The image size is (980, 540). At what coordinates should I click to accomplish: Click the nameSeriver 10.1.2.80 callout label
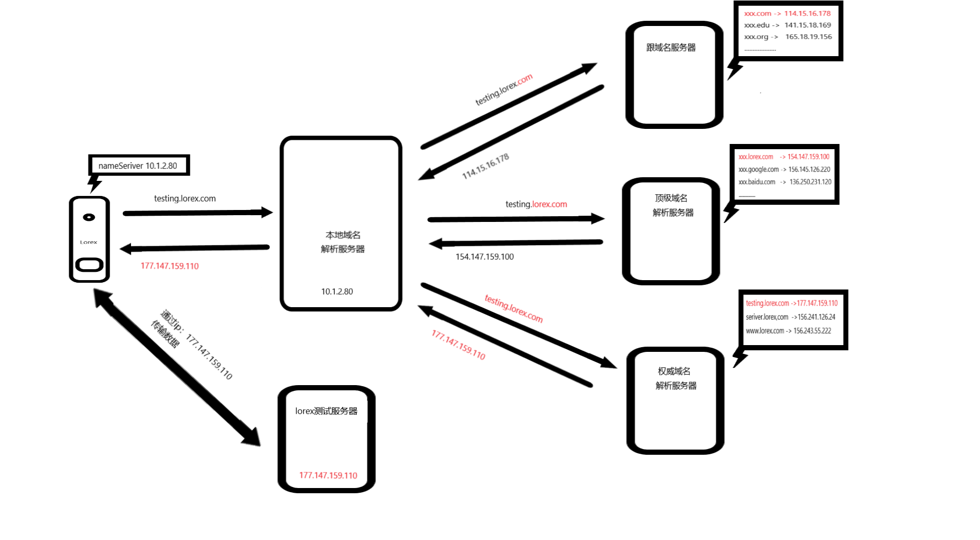click(138, 166)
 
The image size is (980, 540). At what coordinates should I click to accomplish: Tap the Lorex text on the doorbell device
click(88, 242)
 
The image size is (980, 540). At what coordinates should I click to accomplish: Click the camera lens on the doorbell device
click(89, 217)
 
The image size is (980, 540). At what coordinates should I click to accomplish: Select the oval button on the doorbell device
click(89, 265)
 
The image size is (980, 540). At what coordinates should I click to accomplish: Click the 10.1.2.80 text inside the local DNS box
click(337, 292)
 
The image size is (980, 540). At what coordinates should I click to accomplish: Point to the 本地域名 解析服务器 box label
click(343, 242)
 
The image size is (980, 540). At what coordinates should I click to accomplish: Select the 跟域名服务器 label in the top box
click(671, 48)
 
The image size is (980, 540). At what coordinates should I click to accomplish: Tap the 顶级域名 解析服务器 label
click(672, 205)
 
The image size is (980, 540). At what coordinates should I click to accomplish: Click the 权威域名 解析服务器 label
click(675, 378)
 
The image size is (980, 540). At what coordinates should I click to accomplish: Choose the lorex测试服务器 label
click(326, 411)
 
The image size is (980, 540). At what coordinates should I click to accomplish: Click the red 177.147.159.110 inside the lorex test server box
click(328, 476)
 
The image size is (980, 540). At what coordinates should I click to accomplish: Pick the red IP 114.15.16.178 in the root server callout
click(807, 14)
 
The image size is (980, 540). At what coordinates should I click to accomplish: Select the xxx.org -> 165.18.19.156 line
click(788, 37)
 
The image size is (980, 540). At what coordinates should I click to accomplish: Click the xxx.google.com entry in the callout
click(759, 169)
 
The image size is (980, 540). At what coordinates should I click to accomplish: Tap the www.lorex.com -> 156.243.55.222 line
click(788, 331)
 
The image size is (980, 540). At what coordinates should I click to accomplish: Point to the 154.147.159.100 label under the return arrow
click(485, 257)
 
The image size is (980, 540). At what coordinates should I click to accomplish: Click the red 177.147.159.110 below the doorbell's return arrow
click(169, 266)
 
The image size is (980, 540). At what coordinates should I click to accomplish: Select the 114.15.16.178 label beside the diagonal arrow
click(486, 166)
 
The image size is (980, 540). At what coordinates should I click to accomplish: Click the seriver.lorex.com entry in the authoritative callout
click(767, 317)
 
